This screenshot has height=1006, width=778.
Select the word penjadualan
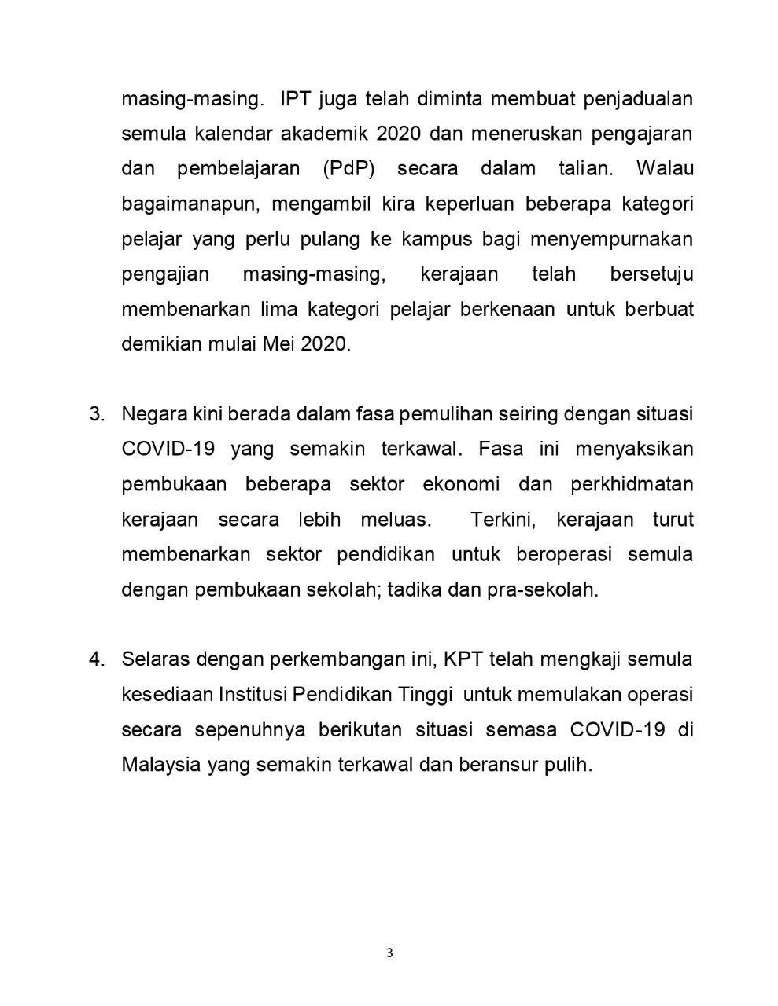[635, 99]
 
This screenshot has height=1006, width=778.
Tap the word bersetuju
[651, 274]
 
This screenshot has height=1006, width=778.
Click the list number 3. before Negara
[97, 413]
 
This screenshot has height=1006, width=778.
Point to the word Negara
[154, 413]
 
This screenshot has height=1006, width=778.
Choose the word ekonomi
[461, 484]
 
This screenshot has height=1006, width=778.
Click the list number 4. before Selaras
[97, 659]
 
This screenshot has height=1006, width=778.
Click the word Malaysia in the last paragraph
[161, 764]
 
